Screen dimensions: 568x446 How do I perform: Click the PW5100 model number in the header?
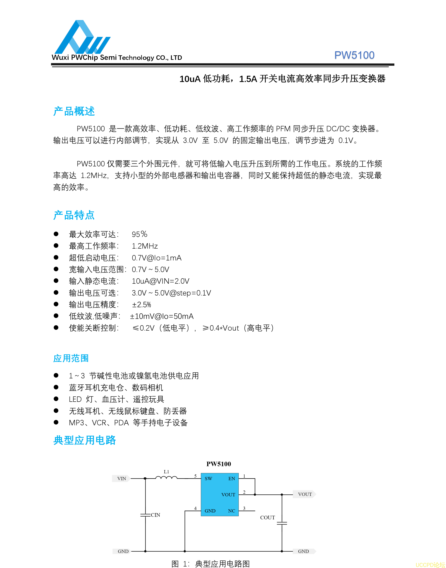(x=354, y=55)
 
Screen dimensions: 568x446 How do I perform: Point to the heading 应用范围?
(x=71, y=358)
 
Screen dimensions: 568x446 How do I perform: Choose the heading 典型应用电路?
(x=85, y=440)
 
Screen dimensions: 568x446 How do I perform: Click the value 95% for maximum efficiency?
(x=139, y=234)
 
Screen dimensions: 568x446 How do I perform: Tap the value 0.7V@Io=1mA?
(x=156, y=258)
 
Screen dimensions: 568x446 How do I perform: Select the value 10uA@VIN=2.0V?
(x=160, y=281)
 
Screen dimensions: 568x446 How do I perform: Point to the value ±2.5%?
(x=141, y=305)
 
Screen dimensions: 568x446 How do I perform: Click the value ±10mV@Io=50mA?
(x=162, y=316)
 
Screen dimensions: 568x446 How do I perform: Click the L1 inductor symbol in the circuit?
(x=166, y=478)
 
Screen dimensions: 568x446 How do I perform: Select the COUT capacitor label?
(x=267, y=517)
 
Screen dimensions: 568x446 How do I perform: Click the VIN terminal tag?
(x=121, y=478)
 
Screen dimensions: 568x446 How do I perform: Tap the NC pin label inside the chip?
(x=231, y=511)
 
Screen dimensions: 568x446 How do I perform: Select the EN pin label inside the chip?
(x=232, y=478)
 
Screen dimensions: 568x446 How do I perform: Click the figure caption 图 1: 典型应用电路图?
(x=210, y=563)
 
